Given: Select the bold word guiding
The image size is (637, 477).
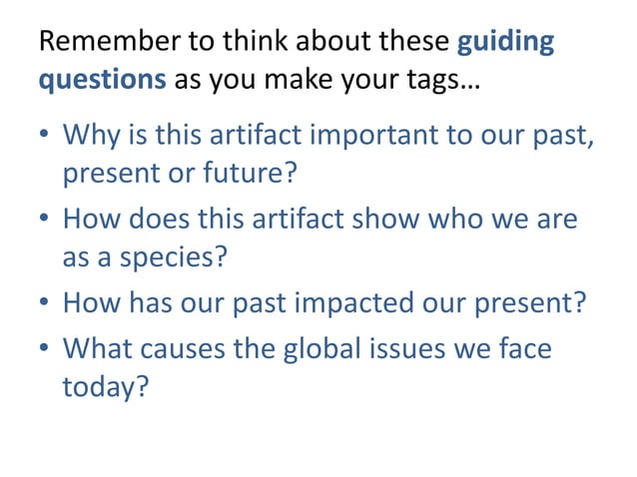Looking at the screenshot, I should [505, 45].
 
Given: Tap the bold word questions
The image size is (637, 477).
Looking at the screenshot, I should [102, 80].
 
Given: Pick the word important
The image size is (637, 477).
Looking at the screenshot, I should [356, 136].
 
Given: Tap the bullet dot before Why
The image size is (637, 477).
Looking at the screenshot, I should [44, 136].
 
